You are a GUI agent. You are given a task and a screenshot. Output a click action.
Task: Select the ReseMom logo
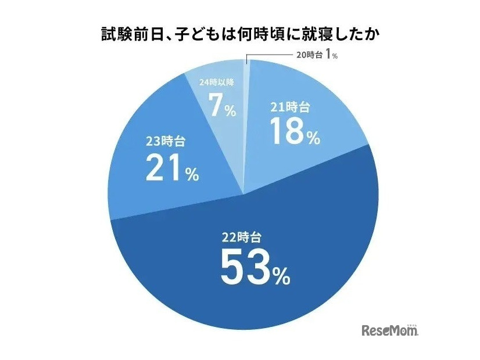390,331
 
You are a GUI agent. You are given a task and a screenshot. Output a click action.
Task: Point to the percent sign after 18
313,138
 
